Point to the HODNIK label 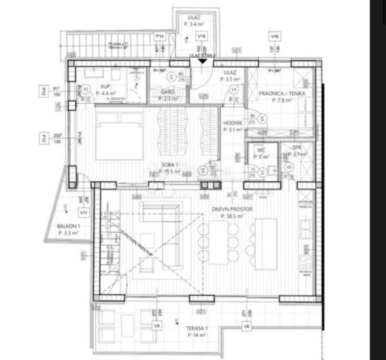coord(233,123)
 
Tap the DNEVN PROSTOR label coord(232,209)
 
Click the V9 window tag coord(156,326)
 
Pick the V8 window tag coord(246,326)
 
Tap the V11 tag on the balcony coord(84,213)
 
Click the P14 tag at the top coord(160,37)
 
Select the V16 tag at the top coord(274,37)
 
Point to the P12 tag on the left coord(42,138)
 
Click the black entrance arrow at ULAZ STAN coord(202,61)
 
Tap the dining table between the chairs coord(218,242)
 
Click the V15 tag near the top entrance coord(201,37)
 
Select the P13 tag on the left coord(42,90)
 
